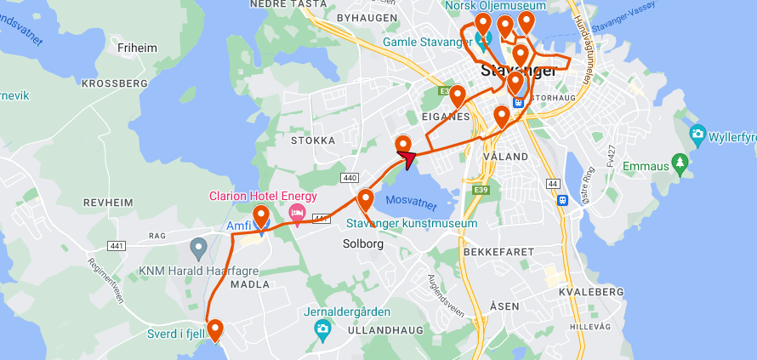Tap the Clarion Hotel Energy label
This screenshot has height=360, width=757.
click(263, 196)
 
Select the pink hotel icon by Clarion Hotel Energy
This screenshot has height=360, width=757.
click(297, 211)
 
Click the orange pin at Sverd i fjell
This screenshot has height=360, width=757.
click(215, 329)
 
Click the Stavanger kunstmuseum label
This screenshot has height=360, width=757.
click(412, 223)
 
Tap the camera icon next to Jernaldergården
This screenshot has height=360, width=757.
click(322, 329)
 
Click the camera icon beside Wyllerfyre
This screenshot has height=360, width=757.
click(697, 134)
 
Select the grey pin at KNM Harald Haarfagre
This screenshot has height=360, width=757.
click(199, 249)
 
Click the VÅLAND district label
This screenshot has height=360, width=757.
click(505, 157)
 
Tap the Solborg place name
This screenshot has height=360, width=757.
click(363, 243)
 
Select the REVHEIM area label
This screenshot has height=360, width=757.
click(109, 203)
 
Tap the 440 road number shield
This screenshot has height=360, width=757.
click(349, 178)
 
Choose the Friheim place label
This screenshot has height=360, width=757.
click(138, 48)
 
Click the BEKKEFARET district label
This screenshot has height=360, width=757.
click(498, 252)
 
